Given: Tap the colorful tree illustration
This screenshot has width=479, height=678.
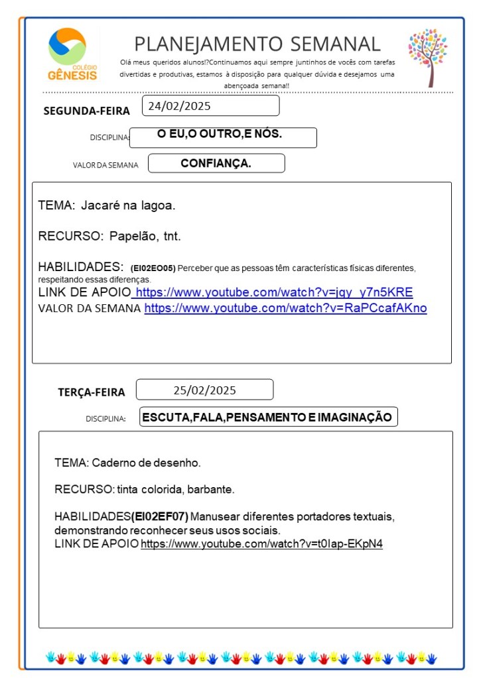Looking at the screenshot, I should click(428, 56).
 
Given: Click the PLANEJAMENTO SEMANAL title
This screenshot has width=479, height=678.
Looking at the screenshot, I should click(257, 44).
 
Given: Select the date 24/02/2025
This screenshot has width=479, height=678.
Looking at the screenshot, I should click(179, 105).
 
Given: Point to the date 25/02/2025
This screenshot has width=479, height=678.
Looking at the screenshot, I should click(204, 390).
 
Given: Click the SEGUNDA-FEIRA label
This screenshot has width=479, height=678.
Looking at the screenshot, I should click(86, 111).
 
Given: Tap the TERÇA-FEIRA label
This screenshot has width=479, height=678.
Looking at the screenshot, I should click(92, 392).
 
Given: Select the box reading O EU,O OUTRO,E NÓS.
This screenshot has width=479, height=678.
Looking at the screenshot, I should click(220, 135).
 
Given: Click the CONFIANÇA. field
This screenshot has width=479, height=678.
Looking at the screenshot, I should click(216, 163).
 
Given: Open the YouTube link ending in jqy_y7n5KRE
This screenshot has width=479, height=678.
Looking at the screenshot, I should click(274, 292).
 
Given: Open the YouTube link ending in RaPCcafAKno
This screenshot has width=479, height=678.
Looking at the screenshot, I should click(285, 308).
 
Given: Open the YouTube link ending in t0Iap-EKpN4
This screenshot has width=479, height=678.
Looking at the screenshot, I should click(261, 544).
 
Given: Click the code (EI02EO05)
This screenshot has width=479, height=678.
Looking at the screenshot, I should click(153, 268).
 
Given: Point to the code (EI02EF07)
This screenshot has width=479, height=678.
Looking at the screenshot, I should click(160, 516).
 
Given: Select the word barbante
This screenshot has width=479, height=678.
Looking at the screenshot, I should click(211, 490).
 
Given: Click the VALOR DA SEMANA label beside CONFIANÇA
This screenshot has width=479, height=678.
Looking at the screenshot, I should click(105, 165).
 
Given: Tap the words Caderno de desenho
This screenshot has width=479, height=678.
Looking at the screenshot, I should click(146, 463).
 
